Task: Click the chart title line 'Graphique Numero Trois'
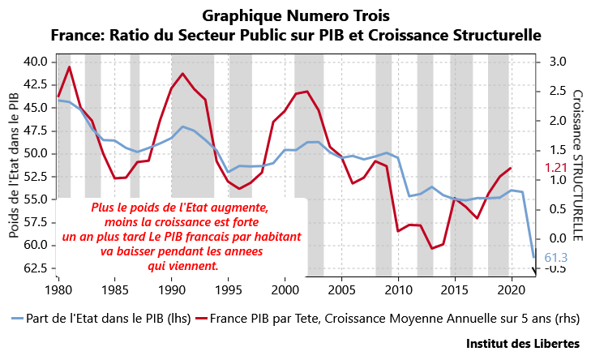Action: click(296, 15)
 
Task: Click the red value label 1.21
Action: click(555, 168)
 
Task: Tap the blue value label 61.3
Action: click(555, 258)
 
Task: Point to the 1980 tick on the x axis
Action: click(58, 289)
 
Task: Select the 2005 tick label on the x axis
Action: click(342, 289)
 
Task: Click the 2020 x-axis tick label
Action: click(512, 289)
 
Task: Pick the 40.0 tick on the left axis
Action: click(36, 62)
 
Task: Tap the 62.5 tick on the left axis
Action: click(36, 268)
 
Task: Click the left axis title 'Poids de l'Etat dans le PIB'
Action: click(14, 165)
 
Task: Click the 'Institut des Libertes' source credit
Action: click(522, 344)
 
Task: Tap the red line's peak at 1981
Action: click(69, 66)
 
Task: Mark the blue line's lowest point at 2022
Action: click(533, 257)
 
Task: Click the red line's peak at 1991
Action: click(182, 74)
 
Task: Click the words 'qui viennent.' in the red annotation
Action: click(182, 265)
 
